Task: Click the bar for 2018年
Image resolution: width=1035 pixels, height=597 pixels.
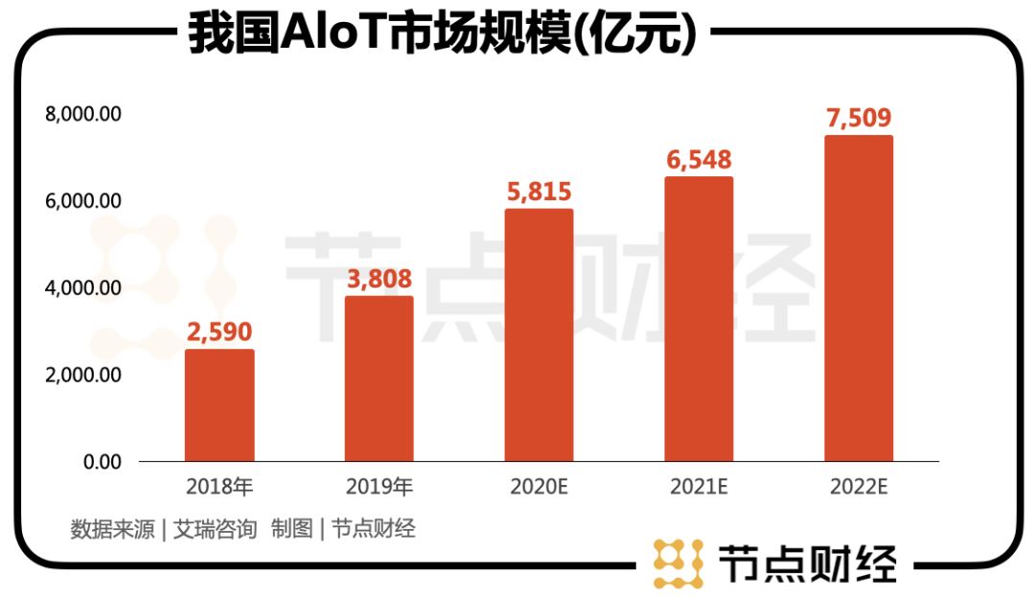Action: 219,405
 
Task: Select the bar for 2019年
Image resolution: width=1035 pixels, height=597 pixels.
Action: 379,379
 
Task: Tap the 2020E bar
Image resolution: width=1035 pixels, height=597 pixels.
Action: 539,335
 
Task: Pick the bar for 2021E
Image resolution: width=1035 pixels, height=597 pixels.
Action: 699,319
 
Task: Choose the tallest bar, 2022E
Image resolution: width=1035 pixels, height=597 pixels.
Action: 859,298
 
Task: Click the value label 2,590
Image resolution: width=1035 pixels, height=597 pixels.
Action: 219,333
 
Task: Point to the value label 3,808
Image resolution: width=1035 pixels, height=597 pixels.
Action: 379,279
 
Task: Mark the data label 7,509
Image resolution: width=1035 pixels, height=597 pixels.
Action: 859,119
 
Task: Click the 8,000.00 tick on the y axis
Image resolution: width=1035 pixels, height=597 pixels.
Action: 83,114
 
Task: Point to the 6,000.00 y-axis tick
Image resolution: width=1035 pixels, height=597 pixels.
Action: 83,201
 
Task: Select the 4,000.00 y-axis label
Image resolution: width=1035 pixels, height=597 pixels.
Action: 83,287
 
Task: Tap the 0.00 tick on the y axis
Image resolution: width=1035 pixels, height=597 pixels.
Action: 103,462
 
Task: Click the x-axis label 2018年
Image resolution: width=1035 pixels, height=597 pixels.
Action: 219,487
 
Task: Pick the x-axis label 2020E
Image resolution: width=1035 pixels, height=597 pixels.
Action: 539,487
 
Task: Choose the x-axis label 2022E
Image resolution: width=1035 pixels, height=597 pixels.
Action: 859,487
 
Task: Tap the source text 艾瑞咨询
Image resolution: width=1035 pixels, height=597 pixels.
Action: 216,529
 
